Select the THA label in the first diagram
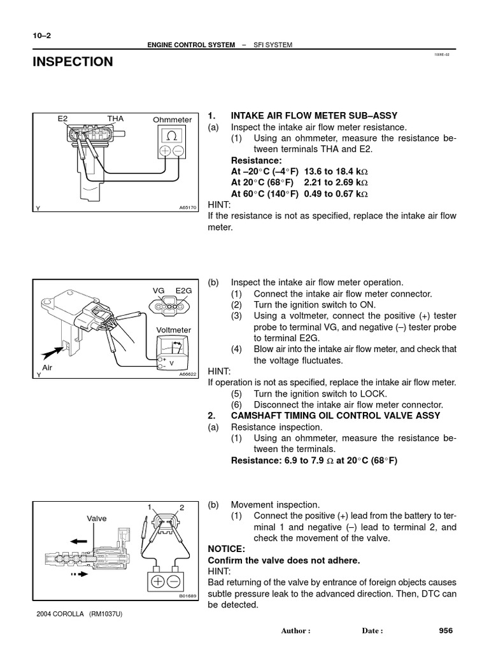pyautogui.click(x=115, y=118)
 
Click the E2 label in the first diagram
pyautogui.click(x=62, y=118)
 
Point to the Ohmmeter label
pyautogui.click(x=172, y=120)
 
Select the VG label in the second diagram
pyautogui.click(x=159, y=290)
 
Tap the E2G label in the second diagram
pyautogui.click(x=183, y=290)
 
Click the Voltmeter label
pyautogui.click(x=173, y=330)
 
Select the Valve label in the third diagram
pyautogui.click(x=97, y=518)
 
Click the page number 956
pyautogui.click(x=445, y=630)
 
